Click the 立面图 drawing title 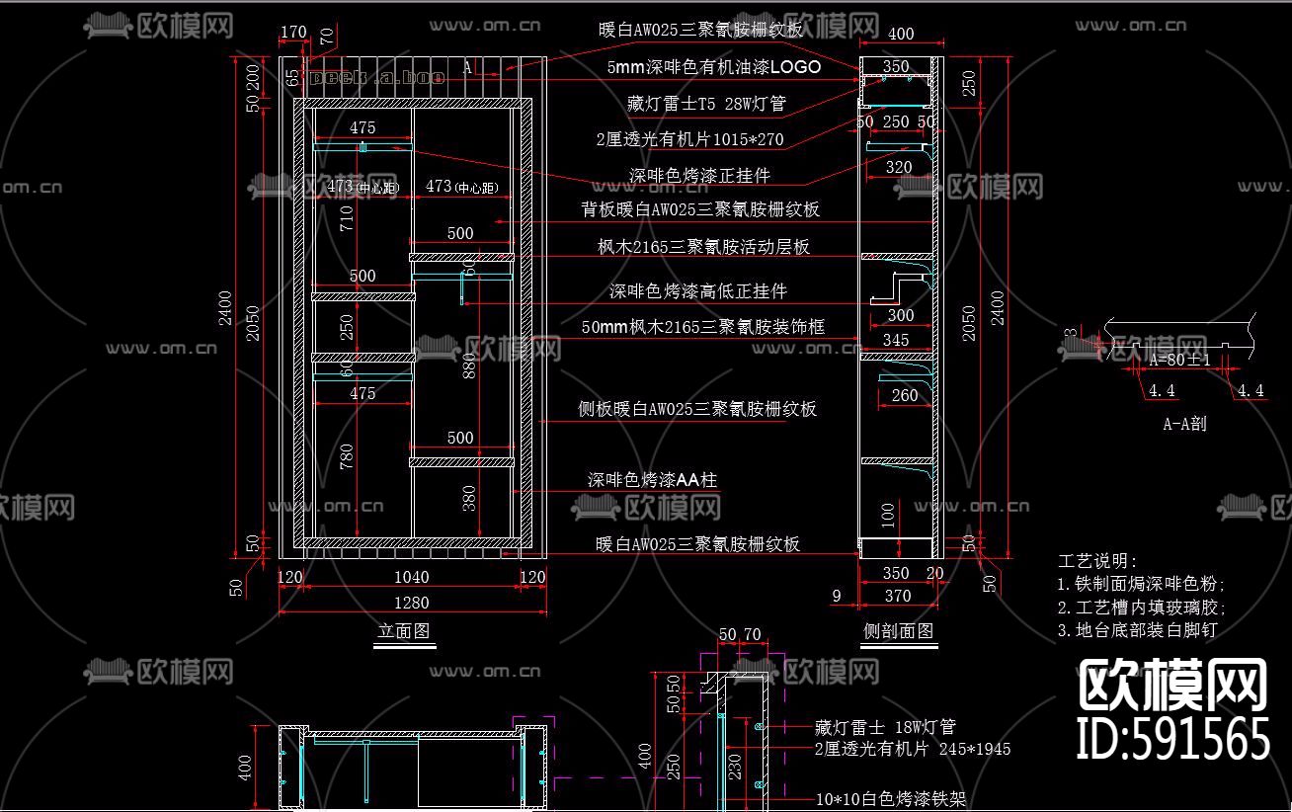[x=404, y=631]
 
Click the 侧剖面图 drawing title [x=898, y=631]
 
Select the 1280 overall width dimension [x=411, y=603]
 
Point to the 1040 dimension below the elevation [x=411, y=577]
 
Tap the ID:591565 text [x=1172, y=739]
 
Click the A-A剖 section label [x=1184, y=424]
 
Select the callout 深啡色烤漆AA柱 [x=652, y=481]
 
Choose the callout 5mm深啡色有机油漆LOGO [x=714, y=67]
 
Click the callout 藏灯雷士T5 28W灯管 [x=706, y=104]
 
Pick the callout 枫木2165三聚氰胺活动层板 [x=703, y=247]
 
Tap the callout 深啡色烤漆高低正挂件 [x=698, y=291]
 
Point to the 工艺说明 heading [x=1098, y=561]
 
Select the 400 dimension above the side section [x=901, y=34]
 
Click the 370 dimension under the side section [x=898, y=596]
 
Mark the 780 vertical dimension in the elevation [x=347, y=455]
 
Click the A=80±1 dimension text [x=1179, y=361]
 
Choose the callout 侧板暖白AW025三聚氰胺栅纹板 [x=697, y=409]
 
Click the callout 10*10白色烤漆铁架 [x=890, y=799]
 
